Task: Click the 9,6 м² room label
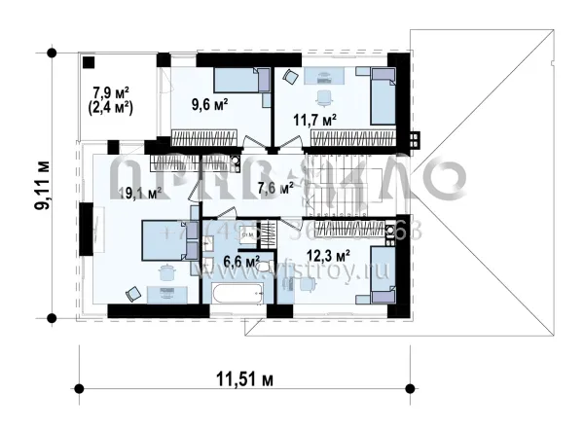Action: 209,103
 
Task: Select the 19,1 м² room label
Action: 139,193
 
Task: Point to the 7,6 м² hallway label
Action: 274,187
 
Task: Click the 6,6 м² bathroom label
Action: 240,260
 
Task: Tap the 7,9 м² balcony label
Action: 111,93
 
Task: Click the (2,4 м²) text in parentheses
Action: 113,108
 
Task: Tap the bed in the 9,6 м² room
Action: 240,81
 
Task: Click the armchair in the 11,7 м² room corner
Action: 289,77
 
